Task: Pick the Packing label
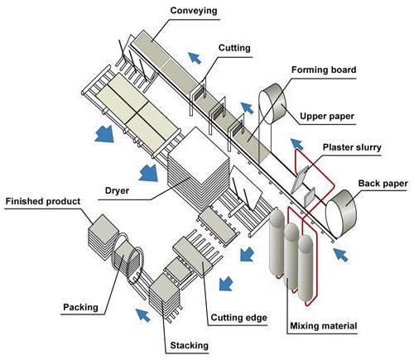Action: (82, 308)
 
